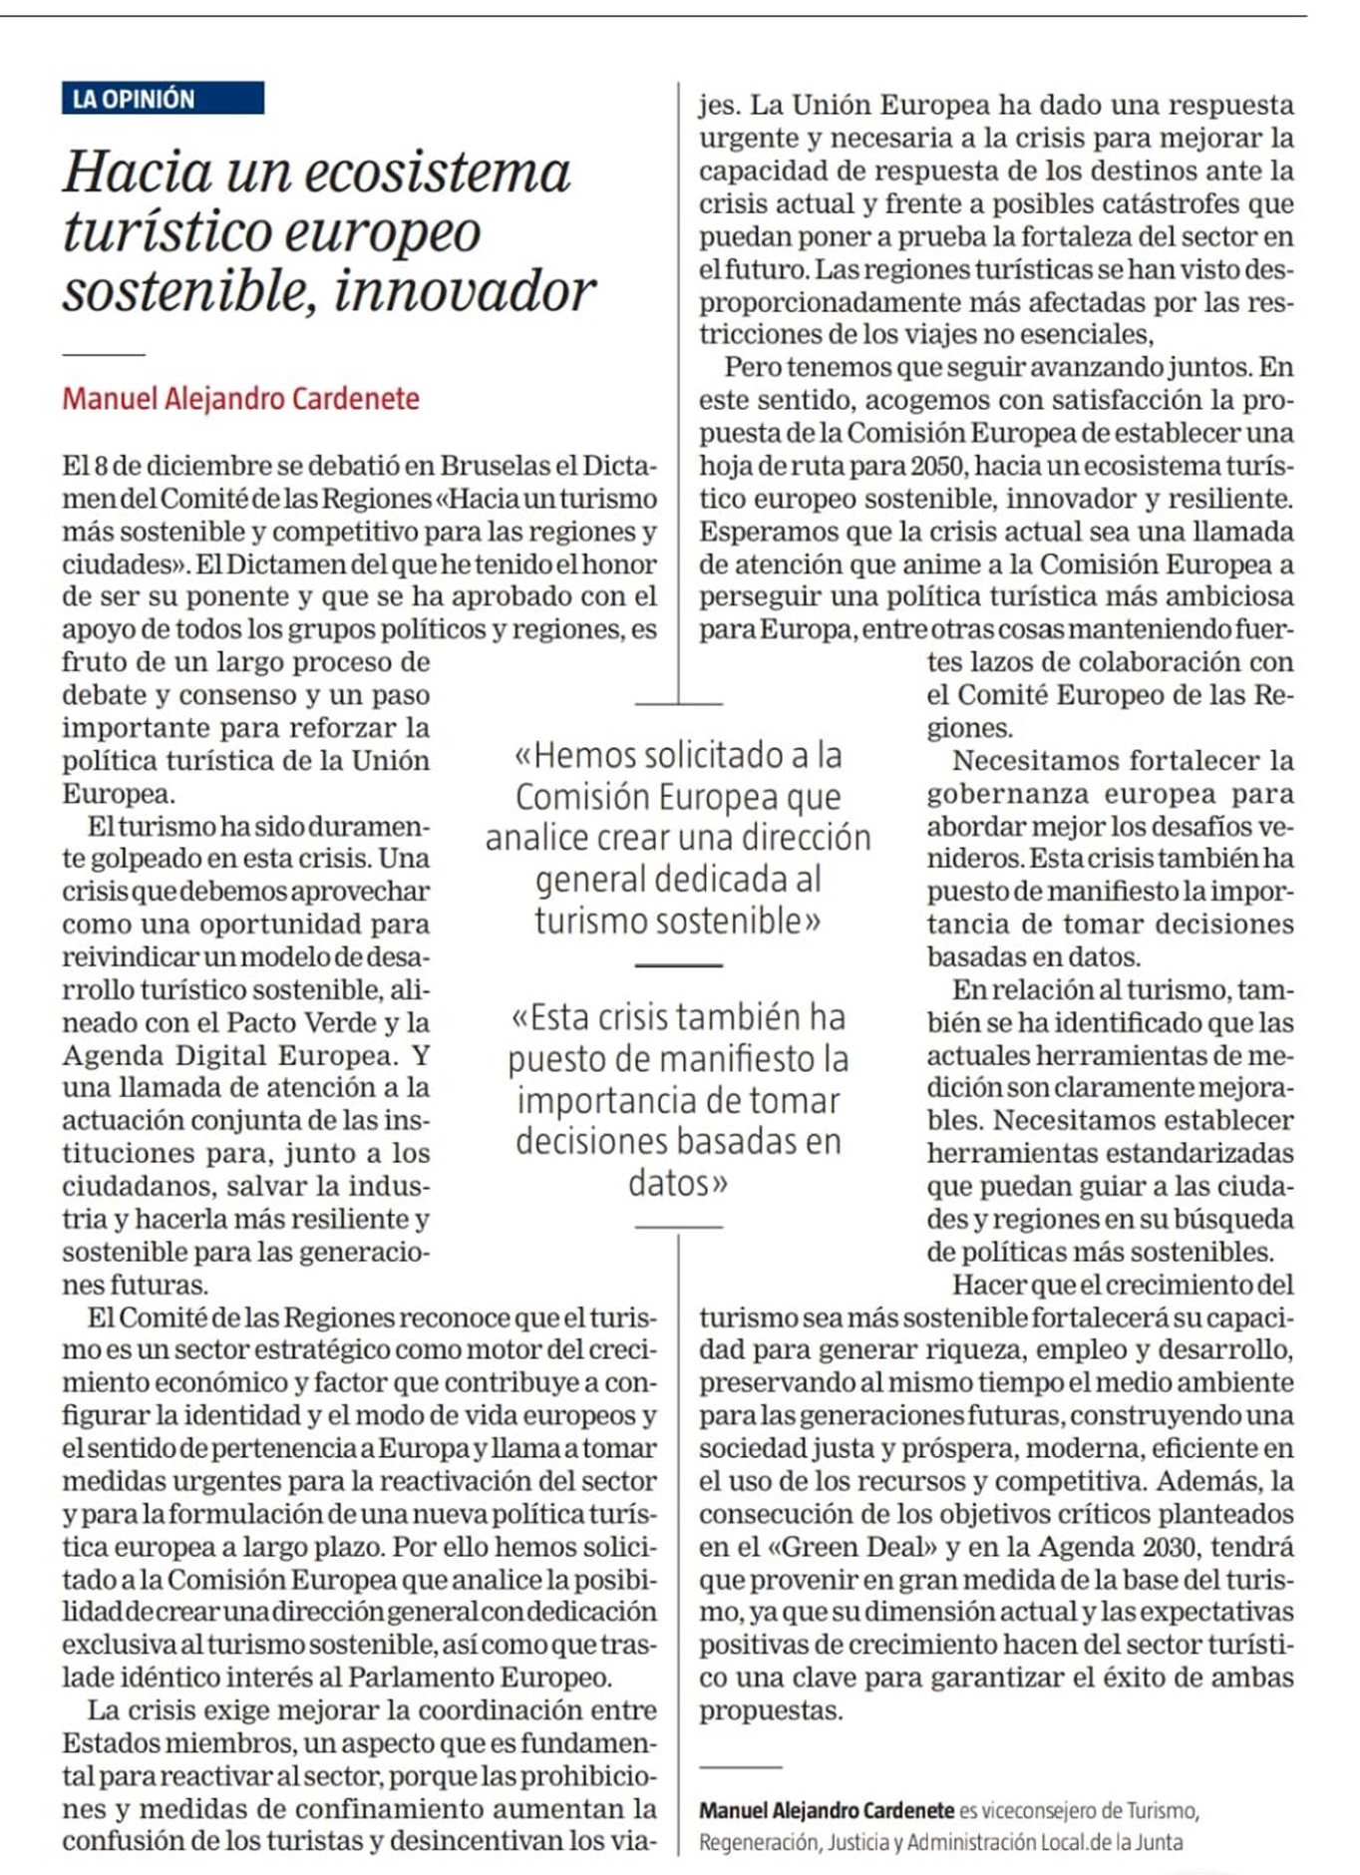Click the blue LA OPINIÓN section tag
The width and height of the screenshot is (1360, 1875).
coord(163,99)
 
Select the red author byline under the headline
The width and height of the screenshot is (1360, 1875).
coord(240,399)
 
